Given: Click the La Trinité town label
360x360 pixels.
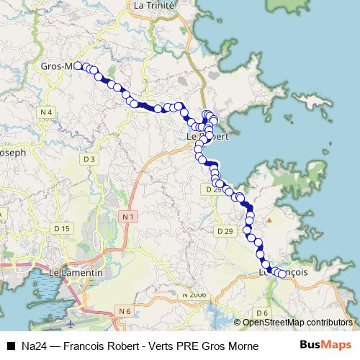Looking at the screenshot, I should point(150,5).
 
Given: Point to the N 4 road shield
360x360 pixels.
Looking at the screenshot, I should point(47,112).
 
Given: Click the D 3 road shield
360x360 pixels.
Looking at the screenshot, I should point(89,158).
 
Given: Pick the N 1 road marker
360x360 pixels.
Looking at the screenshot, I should point(128,216).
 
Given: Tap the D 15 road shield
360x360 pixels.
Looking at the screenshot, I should point(63,228).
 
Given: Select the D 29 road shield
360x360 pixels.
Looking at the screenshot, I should point(225,231).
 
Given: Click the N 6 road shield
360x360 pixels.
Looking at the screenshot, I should point(125,311).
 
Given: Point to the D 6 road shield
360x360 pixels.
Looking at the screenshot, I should point(261,312).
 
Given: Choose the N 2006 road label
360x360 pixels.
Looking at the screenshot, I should point(194,295).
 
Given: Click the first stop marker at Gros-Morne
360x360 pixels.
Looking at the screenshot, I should point(78,66).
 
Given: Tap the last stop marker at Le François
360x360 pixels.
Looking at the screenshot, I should point(282,274).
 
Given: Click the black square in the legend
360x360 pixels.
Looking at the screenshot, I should point(10,345).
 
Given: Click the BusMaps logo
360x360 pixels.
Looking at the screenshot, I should point(325,344).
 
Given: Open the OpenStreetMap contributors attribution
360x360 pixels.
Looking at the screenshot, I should point(297,323).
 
